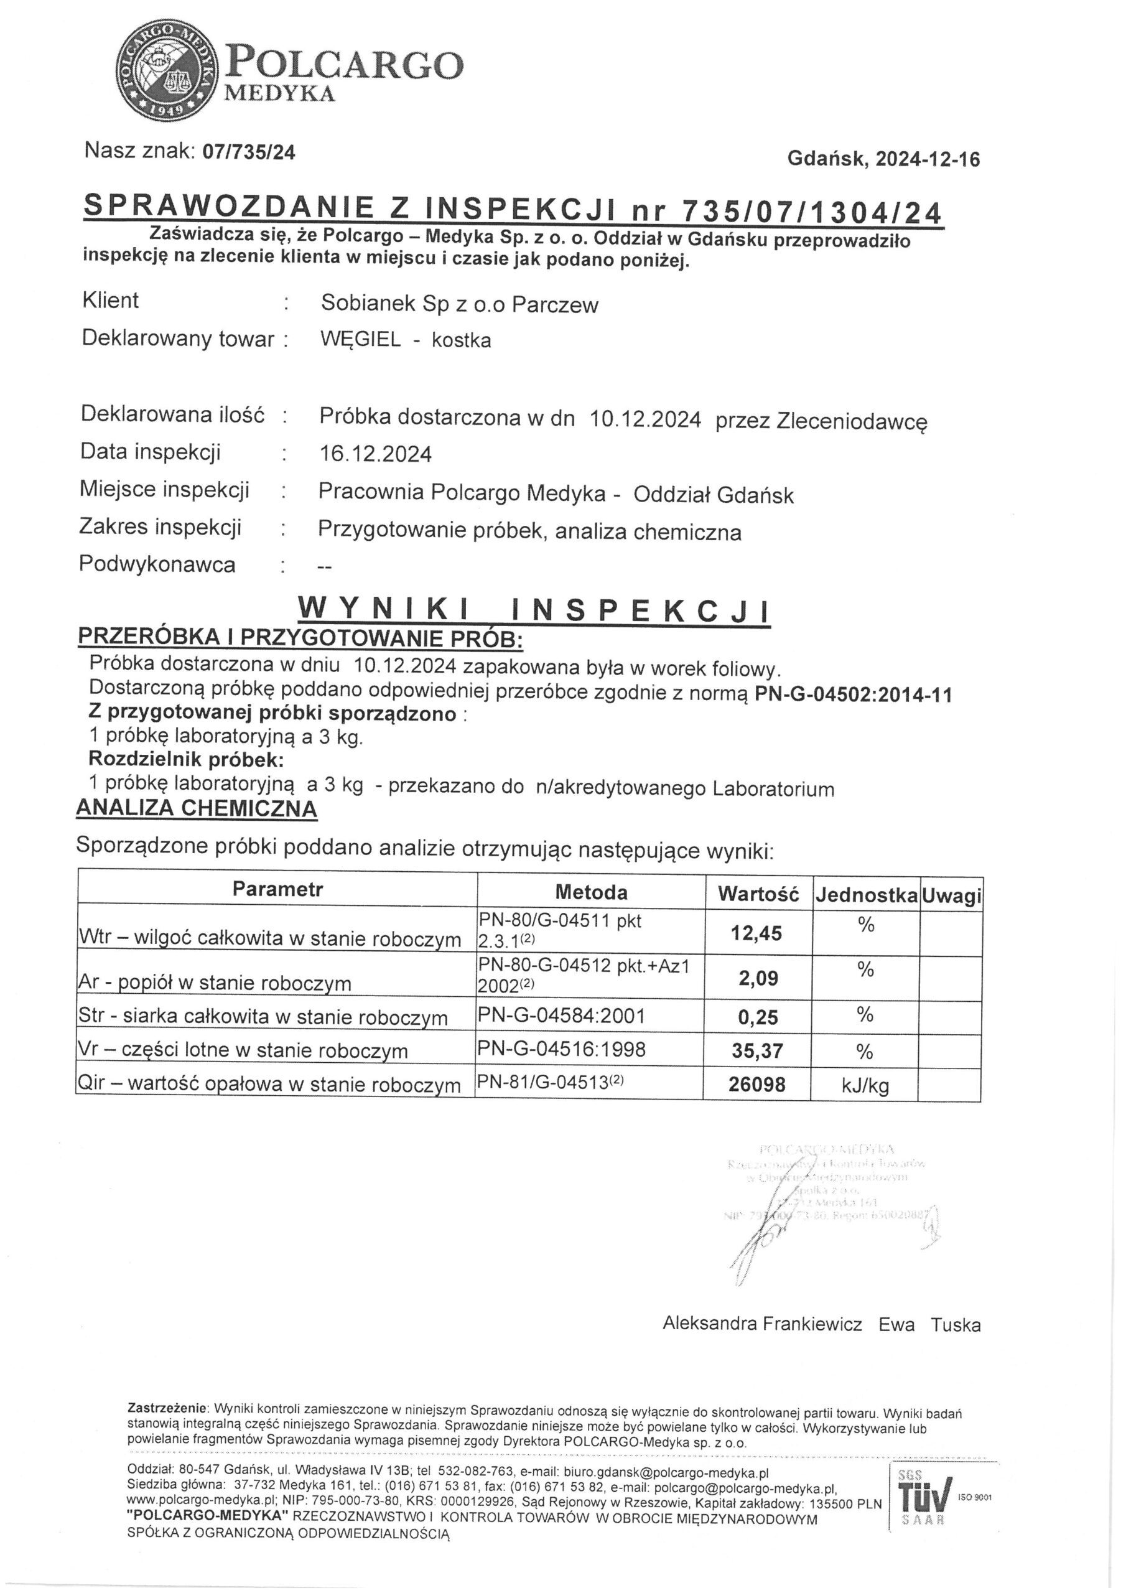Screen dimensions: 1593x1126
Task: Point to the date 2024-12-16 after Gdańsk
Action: coord(928,159)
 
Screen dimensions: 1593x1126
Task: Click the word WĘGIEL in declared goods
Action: coord(360,339)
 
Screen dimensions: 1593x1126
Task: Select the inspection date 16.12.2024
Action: coord(375,454)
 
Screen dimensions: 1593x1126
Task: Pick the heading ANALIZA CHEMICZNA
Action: coord(197,808)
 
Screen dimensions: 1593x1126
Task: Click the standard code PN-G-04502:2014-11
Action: coord(853,694)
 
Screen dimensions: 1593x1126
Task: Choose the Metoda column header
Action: coord(591,892)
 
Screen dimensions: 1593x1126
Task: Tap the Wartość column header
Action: coord(758,894)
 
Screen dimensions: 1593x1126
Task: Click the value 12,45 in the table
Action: coord(756,933)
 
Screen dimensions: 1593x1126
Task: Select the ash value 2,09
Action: coord(758,978)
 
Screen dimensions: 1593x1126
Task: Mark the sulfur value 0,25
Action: coord(758,1017)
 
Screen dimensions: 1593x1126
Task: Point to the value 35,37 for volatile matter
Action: coord(757,1050)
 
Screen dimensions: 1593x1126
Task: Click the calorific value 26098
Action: coord(757,1084)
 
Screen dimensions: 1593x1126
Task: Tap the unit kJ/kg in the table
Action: coord(865,1085)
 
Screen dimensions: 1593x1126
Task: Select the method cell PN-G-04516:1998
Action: coord(561,1049)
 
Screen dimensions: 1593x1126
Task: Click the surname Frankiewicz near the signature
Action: coord(812,1324)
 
